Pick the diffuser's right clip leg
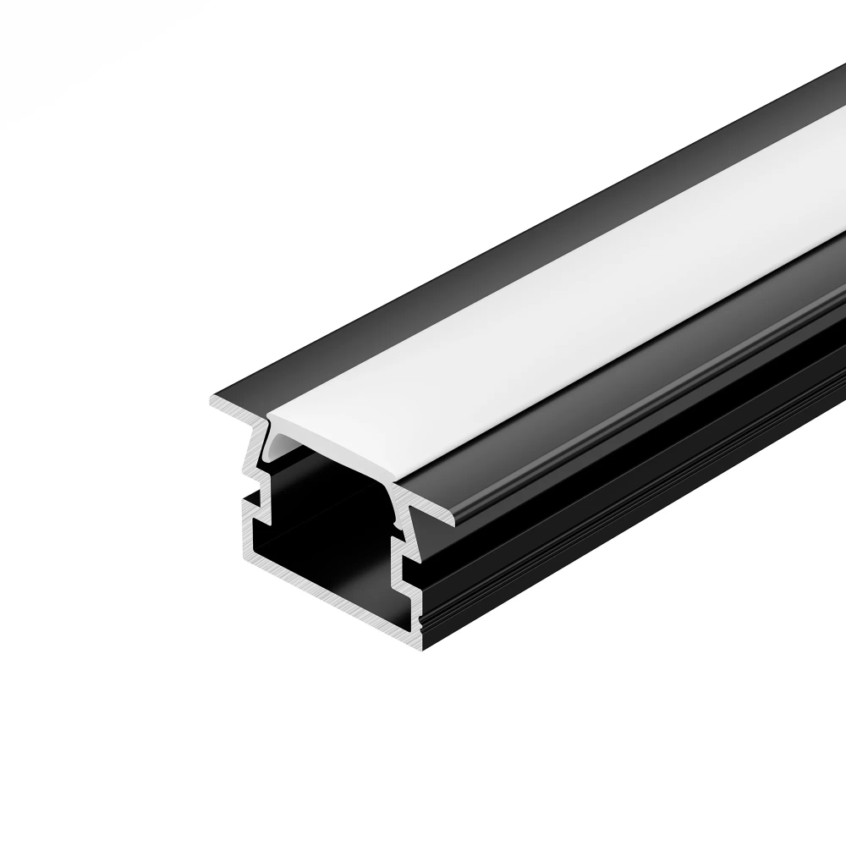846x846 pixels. point(396,508)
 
